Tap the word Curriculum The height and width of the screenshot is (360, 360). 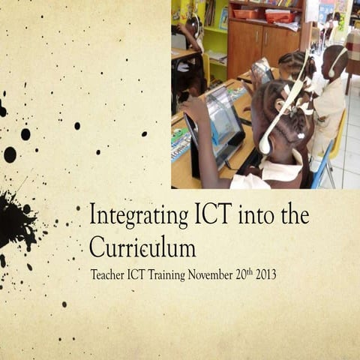tap(142, 247)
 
